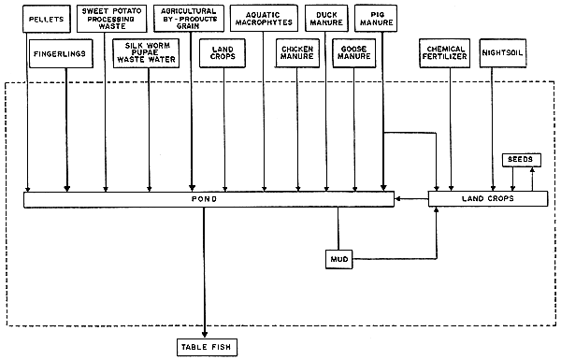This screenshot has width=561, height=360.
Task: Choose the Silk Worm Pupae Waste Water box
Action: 149,51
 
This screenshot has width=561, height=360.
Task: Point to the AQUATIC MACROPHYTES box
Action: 265,17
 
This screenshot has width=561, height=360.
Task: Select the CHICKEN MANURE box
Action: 298,51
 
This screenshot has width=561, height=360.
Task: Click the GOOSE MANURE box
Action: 355,51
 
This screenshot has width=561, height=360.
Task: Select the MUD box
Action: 338,257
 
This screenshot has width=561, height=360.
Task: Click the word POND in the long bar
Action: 206,198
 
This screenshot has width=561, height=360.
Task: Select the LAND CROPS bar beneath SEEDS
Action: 488,198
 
